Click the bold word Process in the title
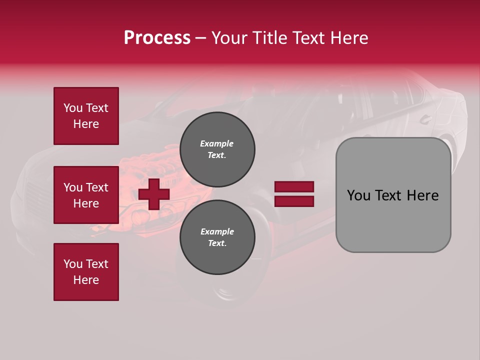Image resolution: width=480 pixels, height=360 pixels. (x=157, y=38)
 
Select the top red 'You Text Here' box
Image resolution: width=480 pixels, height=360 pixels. (x=86, y=116)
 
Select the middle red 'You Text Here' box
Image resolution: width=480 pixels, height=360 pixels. (x=86, y=195)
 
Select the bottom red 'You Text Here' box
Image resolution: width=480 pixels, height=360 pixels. (x=86, y=271)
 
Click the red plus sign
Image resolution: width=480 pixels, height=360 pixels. (x=154, y=193)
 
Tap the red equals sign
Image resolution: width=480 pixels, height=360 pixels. (x=294, y=194)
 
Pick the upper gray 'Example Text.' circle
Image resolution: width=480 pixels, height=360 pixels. (x=217, y=149)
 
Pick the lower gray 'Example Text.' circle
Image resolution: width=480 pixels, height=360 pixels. (x=217, y=237)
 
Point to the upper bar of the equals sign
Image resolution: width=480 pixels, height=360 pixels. (x=294, y=187)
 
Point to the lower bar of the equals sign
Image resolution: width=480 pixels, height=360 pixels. (x=294, y=201)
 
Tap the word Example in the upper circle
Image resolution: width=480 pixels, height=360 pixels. (x=217, y=143)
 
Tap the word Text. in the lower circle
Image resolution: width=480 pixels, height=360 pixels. (x=217, y=243)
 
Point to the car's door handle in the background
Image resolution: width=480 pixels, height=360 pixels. (x=425, y=119)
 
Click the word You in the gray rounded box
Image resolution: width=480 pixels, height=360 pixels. (x=359, y=195)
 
